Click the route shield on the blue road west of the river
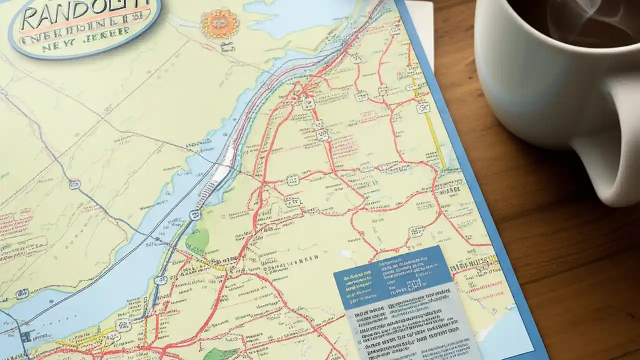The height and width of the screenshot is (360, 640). coord(75,184)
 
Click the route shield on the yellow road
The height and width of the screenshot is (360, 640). coord(423,106)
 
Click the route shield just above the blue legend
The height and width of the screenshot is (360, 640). coord(416,231)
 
